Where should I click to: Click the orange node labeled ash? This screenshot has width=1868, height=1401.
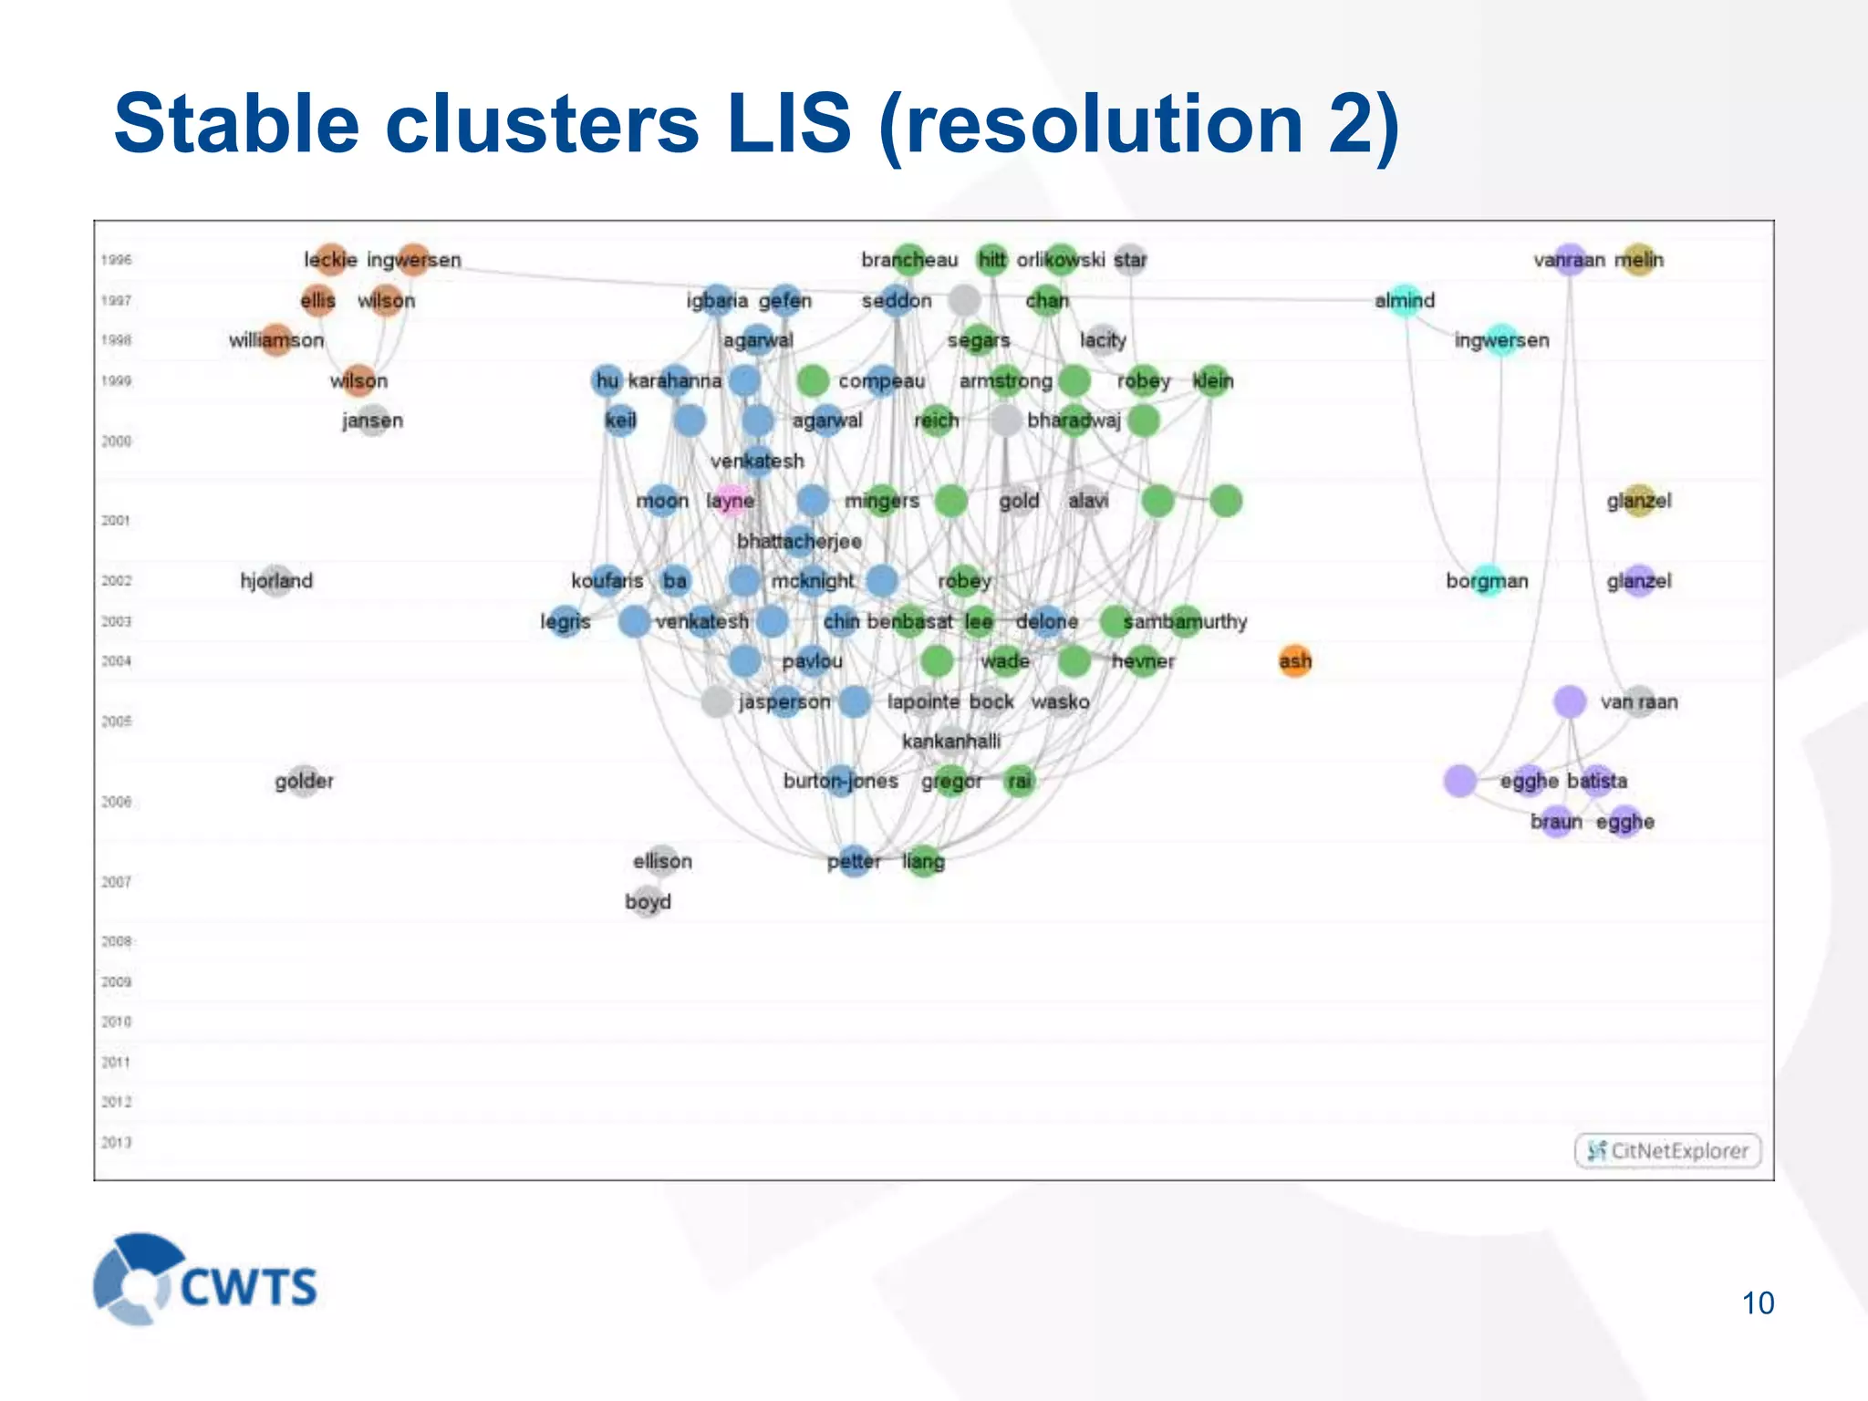pyautogui.click(x=1294, y=660)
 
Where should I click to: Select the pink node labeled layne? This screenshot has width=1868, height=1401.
pyautogui.click(x=731, y=500)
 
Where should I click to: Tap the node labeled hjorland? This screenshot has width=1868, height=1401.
pyautogui.click(x=276, y=580)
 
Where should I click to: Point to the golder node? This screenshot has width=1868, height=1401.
pyautogui.click(x=304, y=781)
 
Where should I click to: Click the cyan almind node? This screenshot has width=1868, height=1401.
pyautogui.click(x=1405, y=300)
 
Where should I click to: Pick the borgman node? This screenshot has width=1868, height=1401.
pyautogui.click(x=1487, y=580)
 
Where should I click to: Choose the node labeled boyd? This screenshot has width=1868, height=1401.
pyautogui.click(x=648, y=901)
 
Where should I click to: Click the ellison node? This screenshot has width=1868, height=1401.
pyautogui.click(x=662, y=860)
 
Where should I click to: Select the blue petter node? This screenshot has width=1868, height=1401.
pyautogui.click(x=854, y=860)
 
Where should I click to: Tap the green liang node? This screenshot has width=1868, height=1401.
pyautogui.click(x=923, y=860)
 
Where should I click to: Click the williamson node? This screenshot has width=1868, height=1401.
pyautogui.click(x=276, y=340)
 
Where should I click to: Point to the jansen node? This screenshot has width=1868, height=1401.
pyautogui.click(x=372, y=420)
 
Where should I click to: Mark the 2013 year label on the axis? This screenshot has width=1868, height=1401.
pyautogui.click(x=117, y=1142)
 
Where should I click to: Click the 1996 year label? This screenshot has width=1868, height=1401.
pyautogui.click(x=117, y=260)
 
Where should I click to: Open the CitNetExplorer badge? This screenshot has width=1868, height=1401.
pyautogui.click(x=1667, y=1150)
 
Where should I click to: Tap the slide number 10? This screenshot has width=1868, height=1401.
pyautogui.click(x=1758, y=1302)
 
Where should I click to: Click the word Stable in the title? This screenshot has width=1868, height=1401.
pyautogui.click(x=237, y=124)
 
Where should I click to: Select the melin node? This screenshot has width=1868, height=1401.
pyautogui.click(x=1639, y=260)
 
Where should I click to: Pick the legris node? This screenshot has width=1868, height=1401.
pyautogui.click(x=566, y=621)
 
